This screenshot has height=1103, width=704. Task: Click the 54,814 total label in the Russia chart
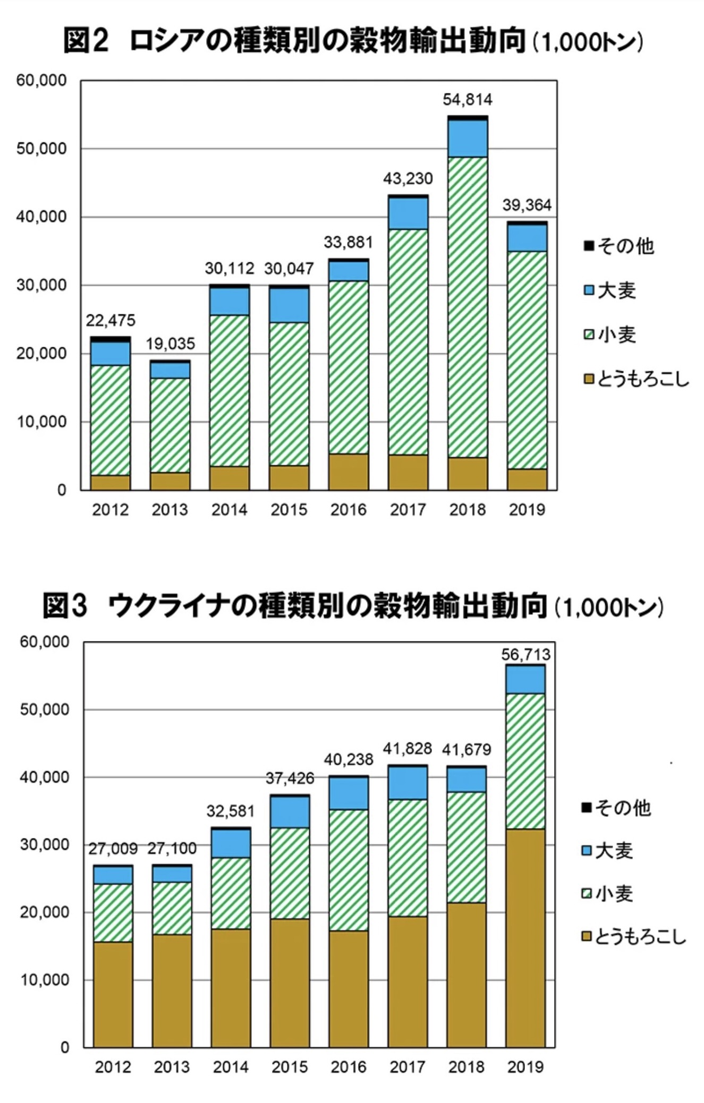(x=468, y=100)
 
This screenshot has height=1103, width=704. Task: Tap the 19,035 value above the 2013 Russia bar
(x=171, y=344)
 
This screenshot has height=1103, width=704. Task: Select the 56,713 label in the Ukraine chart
(x=525, y=654)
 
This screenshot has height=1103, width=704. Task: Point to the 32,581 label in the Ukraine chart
(x=231, y=811)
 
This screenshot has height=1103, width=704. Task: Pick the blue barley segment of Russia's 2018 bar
(x=468, y=139)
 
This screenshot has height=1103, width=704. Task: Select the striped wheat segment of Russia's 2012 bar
(x=111, y=420)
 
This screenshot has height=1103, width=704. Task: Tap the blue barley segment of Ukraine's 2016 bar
(x=349, y=793)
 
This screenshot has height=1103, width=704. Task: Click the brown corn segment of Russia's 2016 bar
(x=349, y=472)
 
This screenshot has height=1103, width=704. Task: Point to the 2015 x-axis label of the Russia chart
(x=289, y=510)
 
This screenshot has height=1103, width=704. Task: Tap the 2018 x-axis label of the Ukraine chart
(x=466, y=1066)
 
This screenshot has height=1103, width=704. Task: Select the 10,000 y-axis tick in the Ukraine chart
(x=45, y=980)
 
